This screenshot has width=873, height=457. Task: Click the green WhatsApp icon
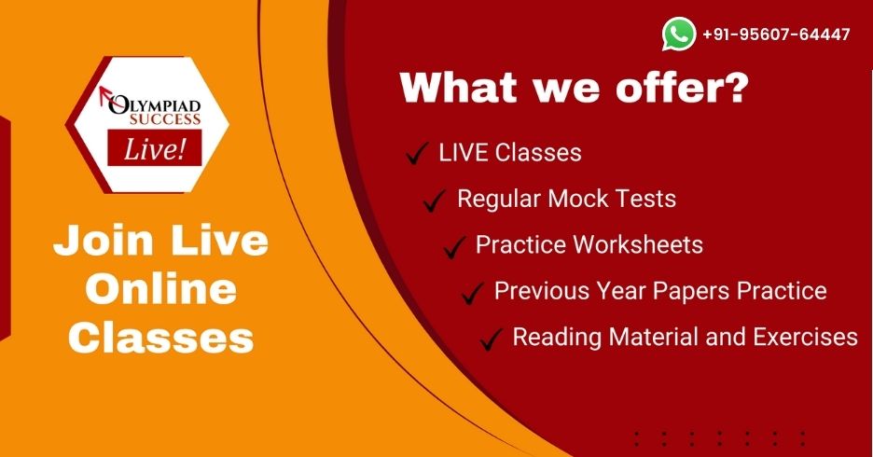tap(679, 35)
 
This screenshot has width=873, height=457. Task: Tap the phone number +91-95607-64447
tap(776, 35)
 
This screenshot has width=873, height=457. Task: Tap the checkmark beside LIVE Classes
tap(416, 154)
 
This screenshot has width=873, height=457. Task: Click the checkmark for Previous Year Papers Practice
tap(473, 293)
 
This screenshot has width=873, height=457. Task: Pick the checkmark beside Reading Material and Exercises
tap(492, 339)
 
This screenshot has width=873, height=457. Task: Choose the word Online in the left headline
tap(160, 289)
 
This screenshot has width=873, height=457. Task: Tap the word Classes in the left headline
tap(160, 337)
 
